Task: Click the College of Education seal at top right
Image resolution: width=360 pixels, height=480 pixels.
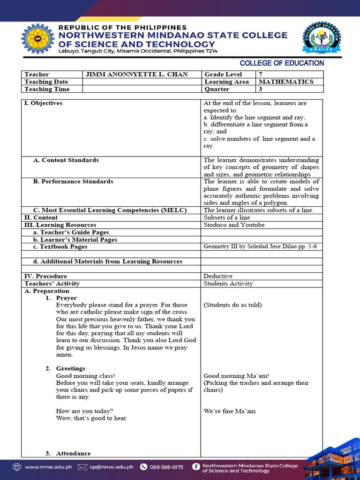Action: [x=322, y=37]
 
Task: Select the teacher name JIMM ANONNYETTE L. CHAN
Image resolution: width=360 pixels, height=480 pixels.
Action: [x=136, y=75]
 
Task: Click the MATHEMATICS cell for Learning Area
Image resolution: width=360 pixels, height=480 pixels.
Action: [x=286, y=82]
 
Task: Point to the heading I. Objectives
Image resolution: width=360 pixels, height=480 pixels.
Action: [x=43, y=103]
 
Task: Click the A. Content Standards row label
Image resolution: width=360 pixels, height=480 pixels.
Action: [x=66, y=160]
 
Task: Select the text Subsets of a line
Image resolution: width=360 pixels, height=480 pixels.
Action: [x=226, y=217]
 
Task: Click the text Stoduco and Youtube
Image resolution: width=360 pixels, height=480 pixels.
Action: [x=234, y=225]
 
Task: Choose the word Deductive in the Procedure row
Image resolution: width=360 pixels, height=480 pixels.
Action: [x=218, y=276]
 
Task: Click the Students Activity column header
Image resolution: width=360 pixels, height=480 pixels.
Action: [x=228, y=284]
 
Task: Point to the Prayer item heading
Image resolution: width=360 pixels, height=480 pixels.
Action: [x=66, y=298]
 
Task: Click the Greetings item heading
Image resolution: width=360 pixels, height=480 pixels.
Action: [x=70, y=368]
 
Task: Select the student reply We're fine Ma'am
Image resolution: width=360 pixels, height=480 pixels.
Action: [x=230, y=411]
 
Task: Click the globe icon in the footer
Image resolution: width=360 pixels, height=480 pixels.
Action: [x=17, y=467]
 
